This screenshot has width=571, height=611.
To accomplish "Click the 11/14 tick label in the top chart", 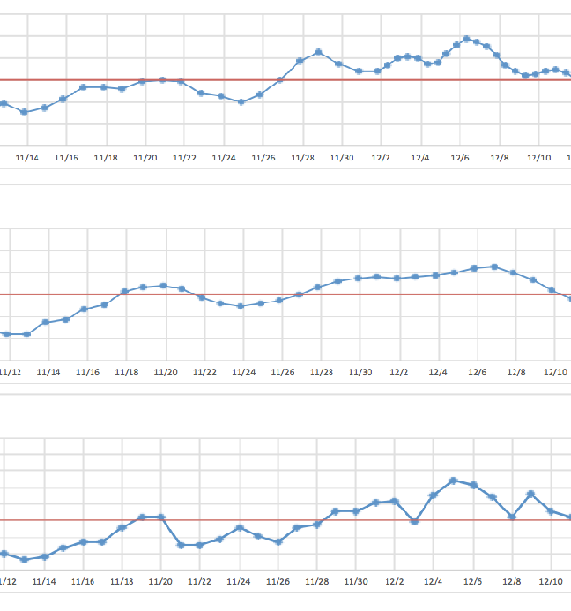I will click(28, 158).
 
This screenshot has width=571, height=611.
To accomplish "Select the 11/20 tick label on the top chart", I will click(145, 158).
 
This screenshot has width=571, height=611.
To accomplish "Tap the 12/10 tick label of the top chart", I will click(539, 158).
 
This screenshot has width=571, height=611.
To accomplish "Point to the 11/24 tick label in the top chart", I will click(224, 158).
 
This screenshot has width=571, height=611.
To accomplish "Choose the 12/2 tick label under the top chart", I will click(381, 158).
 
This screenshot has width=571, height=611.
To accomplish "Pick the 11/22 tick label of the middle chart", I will click(204, 372).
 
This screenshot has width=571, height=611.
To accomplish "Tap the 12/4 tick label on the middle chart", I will click(438, 372).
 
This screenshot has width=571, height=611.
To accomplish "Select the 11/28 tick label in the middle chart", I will click(322, 372).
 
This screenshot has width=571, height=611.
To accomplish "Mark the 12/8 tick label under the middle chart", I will click(515, 372).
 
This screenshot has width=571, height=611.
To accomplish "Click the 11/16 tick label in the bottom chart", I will click(84, 582).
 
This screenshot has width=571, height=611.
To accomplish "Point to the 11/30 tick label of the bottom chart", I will click(356, 582).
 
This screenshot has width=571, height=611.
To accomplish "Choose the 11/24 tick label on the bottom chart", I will click(239, 582).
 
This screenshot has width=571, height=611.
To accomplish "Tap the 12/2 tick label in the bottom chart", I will click(395, 582).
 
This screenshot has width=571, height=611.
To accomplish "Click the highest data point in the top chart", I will click(466, 39).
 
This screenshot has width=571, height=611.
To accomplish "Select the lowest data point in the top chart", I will click(24, 112).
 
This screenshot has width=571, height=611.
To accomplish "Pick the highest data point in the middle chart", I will click(494, 266).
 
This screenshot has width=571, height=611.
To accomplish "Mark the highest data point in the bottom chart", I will click(453, 481).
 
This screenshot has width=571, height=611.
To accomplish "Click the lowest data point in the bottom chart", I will click(24, 560).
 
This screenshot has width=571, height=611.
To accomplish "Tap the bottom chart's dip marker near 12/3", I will click(414, 522).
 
